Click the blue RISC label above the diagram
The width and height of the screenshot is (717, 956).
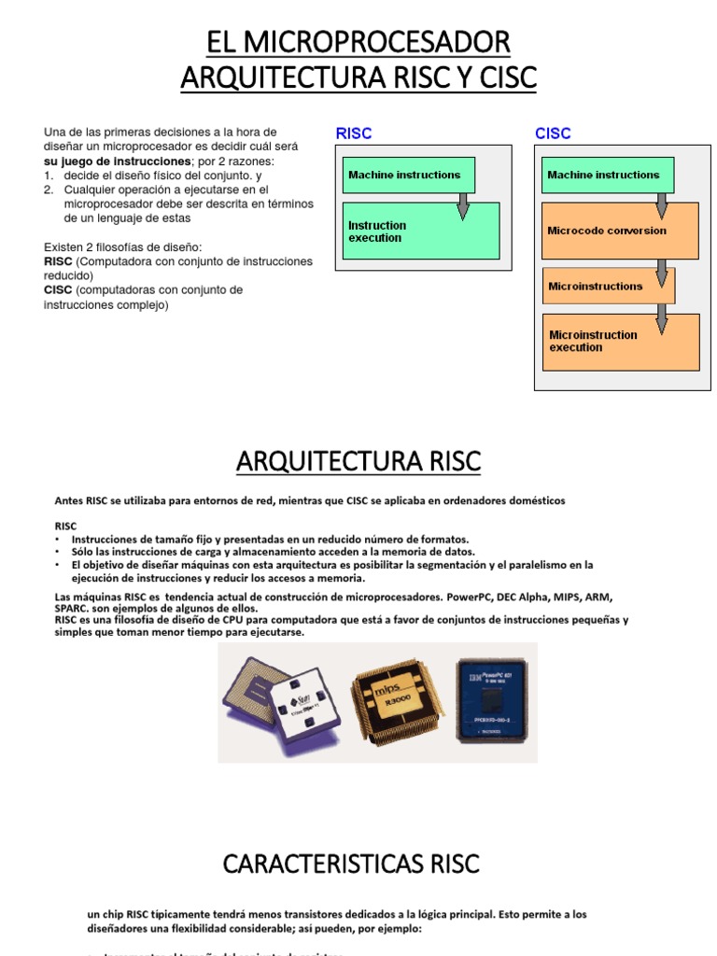click(x=354, y=134)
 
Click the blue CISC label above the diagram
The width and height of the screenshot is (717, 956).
click(x=553, y=134)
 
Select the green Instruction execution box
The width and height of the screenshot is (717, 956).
click(x=421, y=231)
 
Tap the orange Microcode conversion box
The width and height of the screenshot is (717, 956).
click(x=620, y=231)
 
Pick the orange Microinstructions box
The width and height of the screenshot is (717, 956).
click(x=609, y=286)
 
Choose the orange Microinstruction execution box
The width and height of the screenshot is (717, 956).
click(x=620, y=342)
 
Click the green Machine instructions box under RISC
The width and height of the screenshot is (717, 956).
click(x=409, y=175)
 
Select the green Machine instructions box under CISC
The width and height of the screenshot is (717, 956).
click(x=608, y=175)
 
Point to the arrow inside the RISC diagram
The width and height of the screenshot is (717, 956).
click(x=462, y=206)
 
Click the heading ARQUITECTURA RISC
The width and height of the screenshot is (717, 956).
click(x=358, y=460)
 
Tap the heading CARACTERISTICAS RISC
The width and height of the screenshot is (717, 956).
click(x=351, y=864)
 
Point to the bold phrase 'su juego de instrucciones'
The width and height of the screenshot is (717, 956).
click(x=104, y=161)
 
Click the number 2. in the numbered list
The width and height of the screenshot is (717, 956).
click(x=49, y=190)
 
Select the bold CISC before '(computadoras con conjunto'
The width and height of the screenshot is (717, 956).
click(x=58, y=290)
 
